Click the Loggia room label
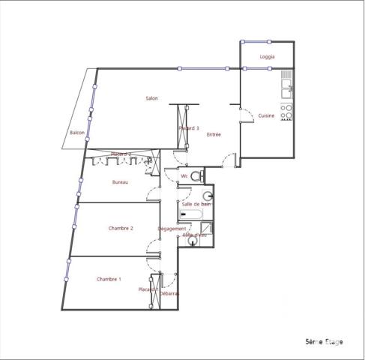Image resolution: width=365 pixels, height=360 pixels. click(267, 57)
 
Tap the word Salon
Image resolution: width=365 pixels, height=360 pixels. click(151, 99)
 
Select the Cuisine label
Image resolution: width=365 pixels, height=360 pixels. click(266, 115)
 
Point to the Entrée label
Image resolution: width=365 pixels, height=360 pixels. click(214, 134)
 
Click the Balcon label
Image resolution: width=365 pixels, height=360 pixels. click(76, 133)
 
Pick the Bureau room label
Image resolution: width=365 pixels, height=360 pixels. click(120, 182)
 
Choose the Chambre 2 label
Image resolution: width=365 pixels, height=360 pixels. click(121, 228)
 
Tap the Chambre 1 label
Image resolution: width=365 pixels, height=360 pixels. click(109, 279)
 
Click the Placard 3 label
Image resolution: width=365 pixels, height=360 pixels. click(189, 128)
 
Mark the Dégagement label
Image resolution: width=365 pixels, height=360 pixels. click(172, 229)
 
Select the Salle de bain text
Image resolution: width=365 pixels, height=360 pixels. click(196, 204)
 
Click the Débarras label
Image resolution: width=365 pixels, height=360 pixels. click(169, 293)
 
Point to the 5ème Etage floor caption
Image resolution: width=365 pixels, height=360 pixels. click(324, 342)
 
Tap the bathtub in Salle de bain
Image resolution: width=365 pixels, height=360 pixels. click(191, 216)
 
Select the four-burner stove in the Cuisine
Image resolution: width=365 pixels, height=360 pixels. click(286, 111)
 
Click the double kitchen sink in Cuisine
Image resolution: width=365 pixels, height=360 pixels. click(286, 89)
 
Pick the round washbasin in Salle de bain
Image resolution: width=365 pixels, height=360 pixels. click(208, 196)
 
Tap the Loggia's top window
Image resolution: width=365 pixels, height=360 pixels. click(254, 40)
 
